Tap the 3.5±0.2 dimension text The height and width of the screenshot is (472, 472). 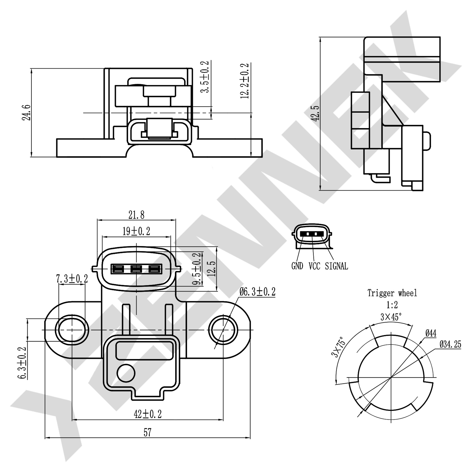(205, 77)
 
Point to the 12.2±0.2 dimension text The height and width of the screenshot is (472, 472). (244, 81)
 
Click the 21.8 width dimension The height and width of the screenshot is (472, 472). (136, 215)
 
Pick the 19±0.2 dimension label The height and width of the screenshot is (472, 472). (136, 232)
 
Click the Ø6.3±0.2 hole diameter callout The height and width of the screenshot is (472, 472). (257, 292)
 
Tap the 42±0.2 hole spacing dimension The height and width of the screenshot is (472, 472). (148, 414)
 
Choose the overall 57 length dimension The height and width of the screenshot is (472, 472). (148, 433)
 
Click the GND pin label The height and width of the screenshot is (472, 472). (297, 266)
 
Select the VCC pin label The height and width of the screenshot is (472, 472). (314, 266)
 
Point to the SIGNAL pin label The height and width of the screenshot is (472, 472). (336, 266)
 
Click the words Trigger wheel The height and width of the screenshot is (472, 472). (392, 293)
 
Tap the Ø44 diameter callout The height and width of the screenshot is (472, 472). (430, 333)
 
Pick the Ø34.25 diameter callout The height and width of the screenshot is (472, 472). (450, 345)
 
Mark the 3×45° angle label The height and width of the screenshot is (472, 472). (391, 317)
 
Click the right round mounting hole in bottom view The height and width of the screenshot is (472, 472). (223, 330)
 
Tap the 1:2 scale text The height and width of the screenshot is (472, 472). (392, 305)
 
